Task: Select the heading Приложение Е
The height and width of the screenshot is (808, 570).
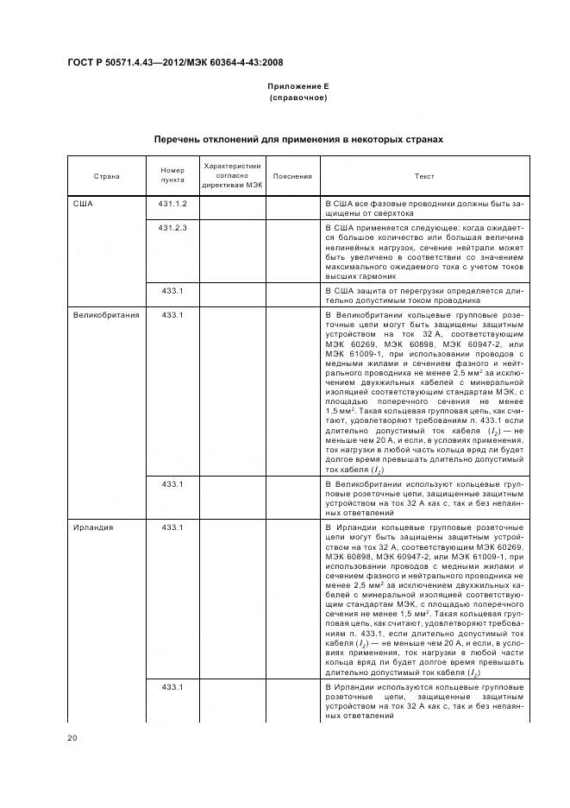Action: (298, 86)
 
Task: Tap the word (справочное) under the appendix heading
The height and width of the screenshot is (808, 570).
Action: (298, 98)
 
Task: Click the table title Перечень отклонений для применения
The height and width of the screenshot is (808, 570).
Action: (298, 138)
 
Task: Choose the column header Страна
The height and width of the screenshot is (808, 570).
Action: (107, 176)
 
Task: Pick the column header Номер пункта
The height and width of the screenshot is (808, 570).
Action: (172, 176)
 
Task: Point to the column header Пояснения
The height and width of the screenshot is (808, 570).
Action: (291, 176)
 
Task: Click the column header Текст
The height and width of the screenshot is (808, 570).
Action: (424, 176)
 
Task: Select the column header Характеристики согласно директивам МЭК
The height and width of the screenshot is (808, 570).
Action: (233, 175)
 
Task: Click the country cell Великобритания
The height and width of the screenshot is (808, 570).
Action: (106, 316)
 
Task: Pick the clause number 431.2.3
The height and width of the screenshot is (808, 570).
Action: (172, 227)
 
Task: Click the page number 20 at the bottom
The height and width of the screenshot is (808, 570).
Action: (73, 737)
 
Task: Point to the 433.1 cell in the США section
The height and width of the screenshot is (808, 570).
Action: (172, 291)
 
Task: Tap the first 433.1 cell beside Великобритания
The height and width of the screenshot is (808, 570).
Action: (172, 316)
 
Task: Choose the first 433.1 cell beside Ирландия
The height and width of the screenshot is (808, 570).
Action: (172, 527)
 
